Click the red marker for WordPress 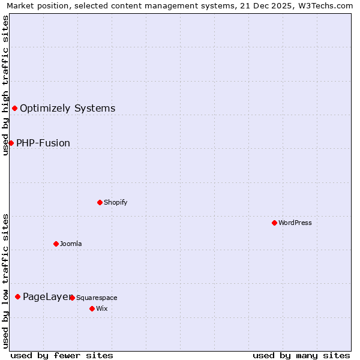click(274, 223)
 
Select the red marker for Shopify click(100, 202)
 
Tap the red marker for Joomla click(56, 244)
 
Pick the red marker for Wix click(92, 308)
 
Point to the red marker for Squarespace click(72, 298)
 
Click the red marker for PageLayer click(17, 296)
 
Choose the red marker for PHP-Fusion click(11, 143)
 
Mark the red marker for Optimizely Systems click(14, 108)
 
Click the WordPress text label click(295, 223)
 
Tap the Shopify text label click(116, 202)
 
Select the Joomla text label click(71, 244)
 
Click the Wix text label click(101, 308)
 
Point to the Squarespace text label click(97, 298)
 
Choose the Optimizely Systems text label click(68, 108)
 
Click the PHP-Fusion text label click(43, 143)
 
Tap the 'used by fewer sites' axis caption click(62, 355)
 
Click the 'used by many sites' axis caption click(301, 355)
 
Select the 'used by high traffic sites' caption click(5, 85)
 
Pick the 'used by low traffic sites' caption click(5, 281)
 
